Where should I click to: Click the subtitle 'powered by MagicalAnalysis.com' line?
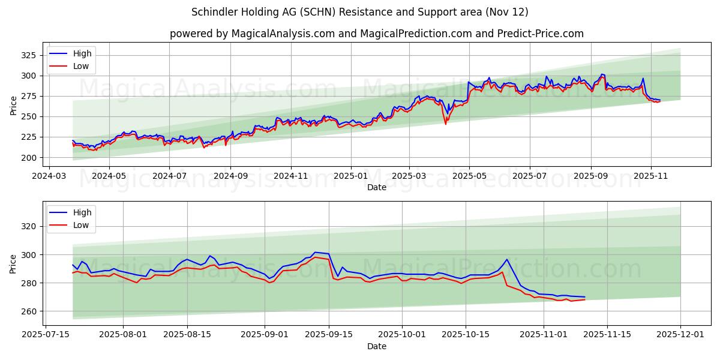click(376, 34)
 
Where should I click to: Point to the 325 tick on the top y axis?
click(28, 55)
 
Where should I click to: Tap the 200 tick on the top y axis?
click(28, 158)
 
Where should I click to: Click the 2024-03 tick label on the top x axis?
click(49, 177)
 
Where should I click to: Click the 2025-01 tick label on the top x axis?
click(350, 177)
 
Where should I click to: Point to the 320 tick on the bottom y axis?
click(28, 227)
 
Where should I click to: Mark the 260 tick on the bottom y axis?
click(28, 311)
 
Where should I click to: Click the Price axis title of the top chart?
click(14, 105)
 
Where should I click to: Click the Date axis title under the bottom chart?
click(377, 346)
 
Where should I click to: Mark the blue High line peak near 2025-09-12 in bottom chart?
click(315, 253)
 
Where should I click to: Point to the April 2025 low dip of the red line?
click(445, 124)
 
